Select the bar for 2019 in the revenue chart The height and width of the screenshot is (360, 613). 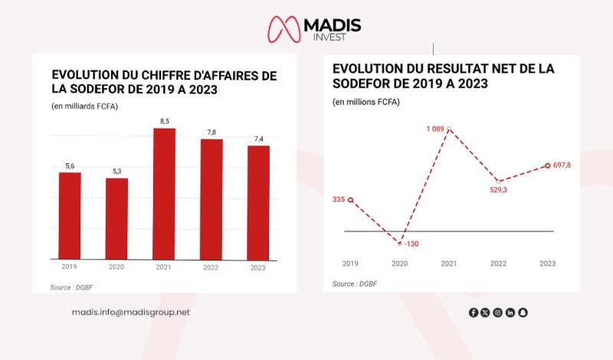pyautogui.click(x=70, y=215)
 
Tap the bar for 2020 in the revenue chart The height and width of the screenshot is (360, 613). pyautogui.click(x=116, y=218)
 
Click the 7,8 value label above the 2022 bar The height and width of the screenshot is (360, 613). pyautogui.click(x=211, y=133)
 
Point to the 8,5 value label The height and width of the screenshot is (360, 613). pyautogui.click(x=164, y=121)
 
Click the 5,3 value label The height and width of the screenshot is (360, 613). pyautogui.click(x=116, y=171)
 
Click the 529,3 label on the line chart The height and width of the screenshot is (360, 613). pyautogui.click(x=498, y=190)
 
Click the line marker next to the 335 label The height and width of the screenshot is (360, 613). pyautogui.click(x=350, y=200)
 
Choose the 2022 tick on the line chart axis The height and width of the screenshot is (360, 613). pyautogui.click(x=498, y=263)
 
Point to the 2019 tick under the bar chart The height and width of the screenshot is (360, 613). pyautogui.click(x=70, y=267)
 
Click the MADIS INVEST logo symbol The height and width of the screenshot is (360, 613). pyautogui.click(x=284, y=28)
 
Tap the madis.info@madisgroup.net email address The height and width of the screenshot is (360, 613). pyautogui.click(x=130, y=312)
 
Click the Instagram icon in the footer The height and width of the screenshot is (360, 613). pyautogui.click(x=497, y=313)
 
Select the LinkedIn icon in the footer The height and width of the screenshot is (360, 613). pyautogui.click(x=510, y=313)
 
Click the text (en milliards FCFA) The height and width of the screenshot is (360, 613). pyautogui.click(x=84, y=105)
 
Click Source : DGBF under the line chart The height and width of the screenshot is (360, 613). pyautogui.click(x=355, y=283)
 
